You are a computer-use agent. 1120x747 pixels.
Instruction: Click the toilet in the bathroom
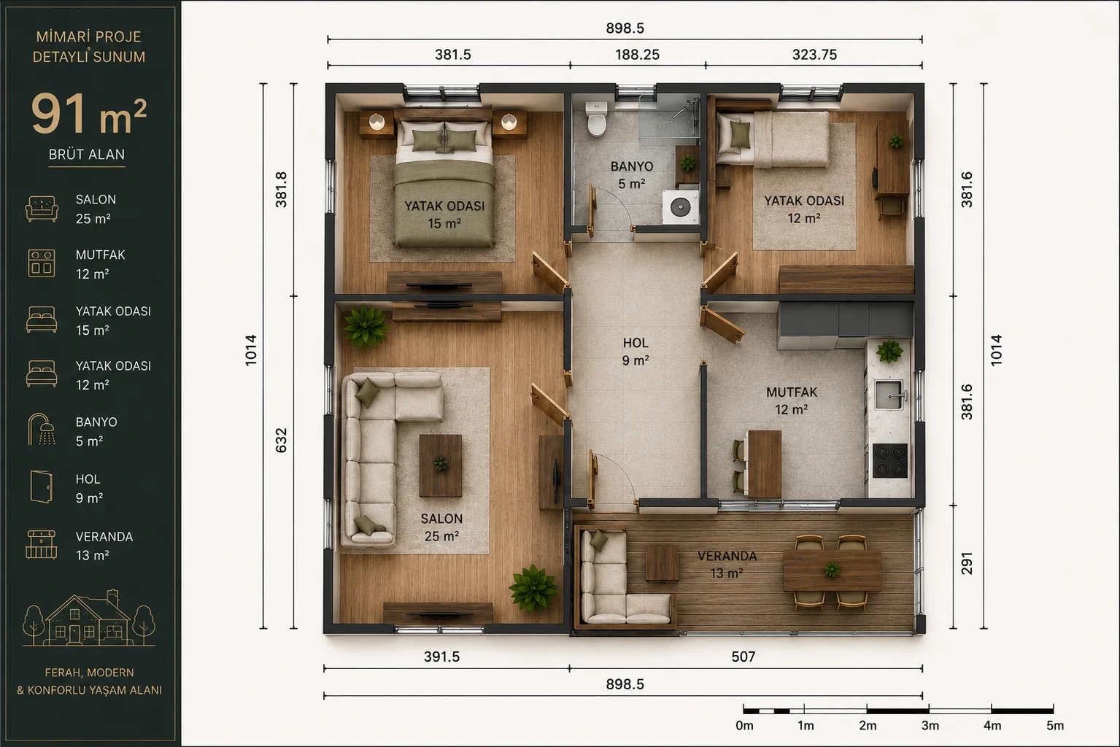[x=596, y=118]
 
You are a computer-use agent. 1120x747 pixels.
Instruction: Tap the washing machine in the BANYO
[x=681, y=206]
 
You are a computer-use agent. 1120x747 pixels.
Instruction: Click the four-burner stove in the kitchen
[x=890, y=460]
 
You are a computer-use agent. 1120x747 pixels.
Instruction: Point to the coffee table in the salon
[x=441, y=465]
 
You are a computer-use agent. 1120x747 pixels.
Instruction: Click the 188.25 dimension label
[x=638, y=55]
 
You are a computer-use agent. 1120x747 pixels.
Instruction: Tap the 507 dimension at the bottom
[x=744, y=657]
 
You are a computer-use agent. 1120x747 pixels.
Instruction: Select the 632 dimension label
[x=282, y=441]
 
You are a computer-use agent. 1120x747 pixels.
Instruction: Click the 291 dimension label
[x=967, y=563]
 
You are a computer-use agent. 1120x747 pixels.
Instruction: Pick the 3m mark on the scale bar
[x=930, y=726]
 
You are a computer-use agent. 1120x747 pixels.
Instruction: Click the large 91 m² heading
[x=89, y=114]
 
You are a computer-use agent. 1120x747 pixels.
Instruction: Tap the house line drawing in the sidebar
[x=89, y=618]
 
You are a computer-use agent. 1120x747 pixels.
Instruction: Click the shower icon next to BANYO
[x=42, y=430]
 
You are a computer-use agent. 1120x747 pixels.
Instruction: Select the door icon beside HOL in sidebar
[x=42, y=487]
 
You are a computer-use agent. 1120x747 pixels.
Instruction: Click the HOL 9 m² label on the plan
[x=636, y=352]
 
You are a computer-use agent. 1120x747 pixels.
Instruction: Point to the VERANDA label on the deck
[x=727, y=556]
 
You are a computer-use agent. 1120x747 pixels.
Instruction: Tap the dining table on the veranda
[x=832, y=570]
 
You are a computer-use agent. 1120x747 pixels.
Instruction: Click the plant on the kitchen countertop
[x=889, y=351]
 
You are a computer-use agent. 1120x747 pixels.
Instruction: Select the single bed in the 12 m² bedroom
[x=773, y=139]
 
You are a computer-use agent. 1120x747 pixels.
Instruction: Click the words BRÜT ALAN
[x=87, y=155]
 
